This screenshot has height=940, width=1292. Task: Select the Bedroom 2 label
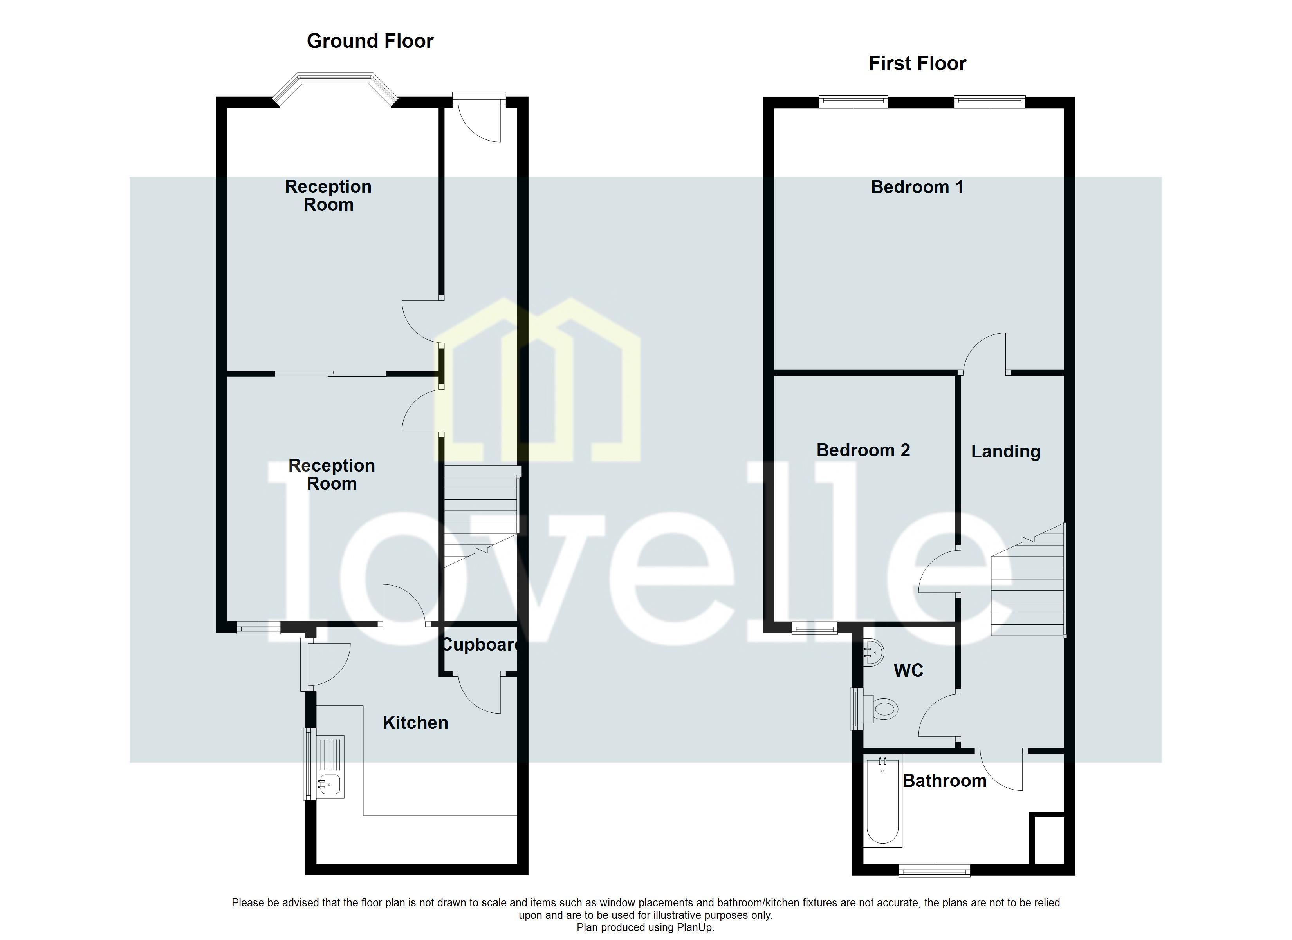pos(863,450)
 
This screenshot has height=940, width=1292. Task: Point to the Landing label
pos(1005,452)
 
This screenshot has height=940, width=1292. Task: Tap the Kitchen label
pos(415,723)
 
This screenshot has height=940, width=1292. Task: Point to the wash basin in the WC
pos(873,652)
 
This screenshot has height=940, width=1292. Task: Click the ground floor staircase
pos(480,513)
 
